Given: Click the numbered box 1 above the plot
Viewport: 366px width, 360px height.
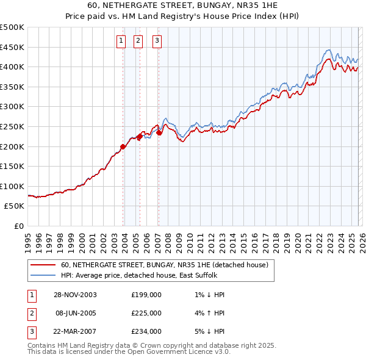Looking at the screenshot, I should pyautogui.click(x=121, y=41).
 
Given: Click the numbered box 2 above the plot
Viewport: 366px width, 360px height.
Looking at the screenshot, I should pyautogui.click(x=138, y=41).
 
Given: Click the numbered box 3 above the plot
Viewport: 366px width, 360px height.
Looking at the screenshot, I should pyautogui.click(x=157, y=41).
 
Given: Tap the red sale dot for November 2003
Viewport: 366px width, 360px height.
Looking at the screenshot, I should pyautogui.click(x=123, y=146).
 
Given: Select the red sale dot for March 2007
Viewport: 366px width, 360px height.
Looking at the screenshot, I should pyautogui.click(x=159, y=132).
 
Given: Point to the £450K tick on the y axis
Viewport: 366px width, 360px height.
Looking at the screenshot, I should pyautogui.click(x=12, y=47).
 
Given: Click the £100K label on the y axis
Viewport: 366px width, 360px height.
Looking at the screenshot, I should pyautogui.click(x=12, y=186).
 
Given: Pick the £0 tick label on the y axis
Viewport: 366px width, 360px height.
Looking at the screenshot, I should pyautogui.click(x=19, y=226).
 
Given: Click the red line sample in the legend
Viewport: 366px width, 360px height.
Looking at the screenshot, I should pyautogui.click(x=43, y=265).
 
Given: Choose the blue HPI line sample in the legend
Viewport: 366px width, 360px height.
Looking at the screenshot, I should pyautogui.click(x=43, y=275).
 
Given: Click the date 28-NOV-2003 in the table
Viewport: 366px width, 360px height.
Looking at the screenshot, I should pyautogui.click(x=75, y=295).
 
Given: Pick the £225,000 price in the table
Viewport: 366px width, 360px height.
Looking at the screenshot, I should pyautogui.click(x=146, y=313).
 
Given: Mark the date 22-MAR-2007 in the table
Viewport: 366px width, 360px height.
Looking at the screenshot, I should pyautogui.click(x=75, y=331).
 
